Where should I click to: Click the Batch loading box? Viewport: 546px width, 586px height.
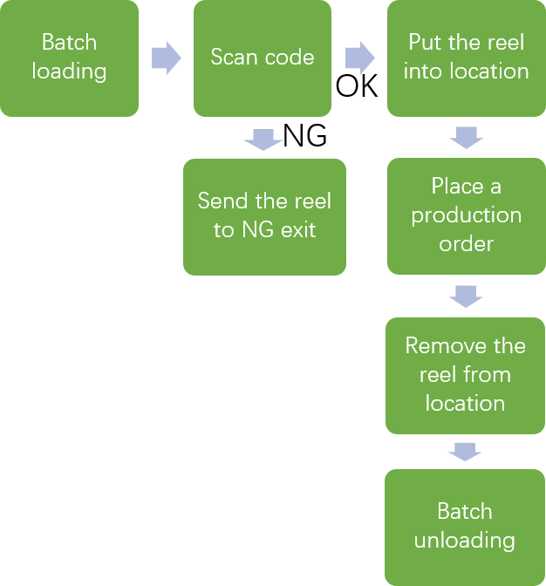(x=69, y=58)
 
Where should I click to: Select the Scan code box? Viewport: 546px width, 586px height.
(x=262, y=58)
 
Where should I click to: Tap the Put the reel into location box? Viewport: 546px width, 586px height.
(x=466, y=58)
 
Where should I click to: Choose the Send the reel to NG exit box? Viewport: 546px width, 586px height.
(x=264, y=216)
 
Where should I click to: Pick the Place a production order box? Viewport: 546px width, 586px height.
(x=466, y=215)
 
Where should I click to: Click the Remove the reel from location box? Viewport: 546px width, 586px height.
(x=465, y=375)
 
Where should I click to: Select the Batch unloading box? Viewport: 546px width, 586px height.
(x=464, y=527)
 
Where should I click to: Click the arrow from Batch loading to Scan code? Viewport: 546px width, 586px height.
(x=166, y=58)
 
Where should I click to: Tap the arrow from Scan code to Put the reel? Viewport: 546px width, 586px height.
(x=359, y=58)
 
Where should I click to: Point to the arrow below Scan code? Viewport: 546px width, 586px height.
(x=263, y=139)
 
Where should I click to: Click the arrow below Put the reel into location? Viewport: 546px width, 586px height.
(x=466, y=137)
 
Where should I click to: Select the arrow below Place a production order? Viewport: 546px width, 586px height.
(x=465, y=296)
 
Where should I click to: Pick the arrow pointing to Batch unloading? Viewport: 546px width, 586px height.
(x=465, y=452)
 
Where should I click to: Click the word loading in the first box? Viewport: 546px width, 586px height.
(x=69, y=72)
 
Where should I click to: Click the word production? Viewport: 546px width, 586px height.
(x=467, y=215)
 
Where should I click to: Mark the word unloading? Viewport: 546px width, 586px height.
(x=464, y=541)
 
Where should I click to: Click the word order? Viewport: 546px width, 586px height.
(x=466, y=244)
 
